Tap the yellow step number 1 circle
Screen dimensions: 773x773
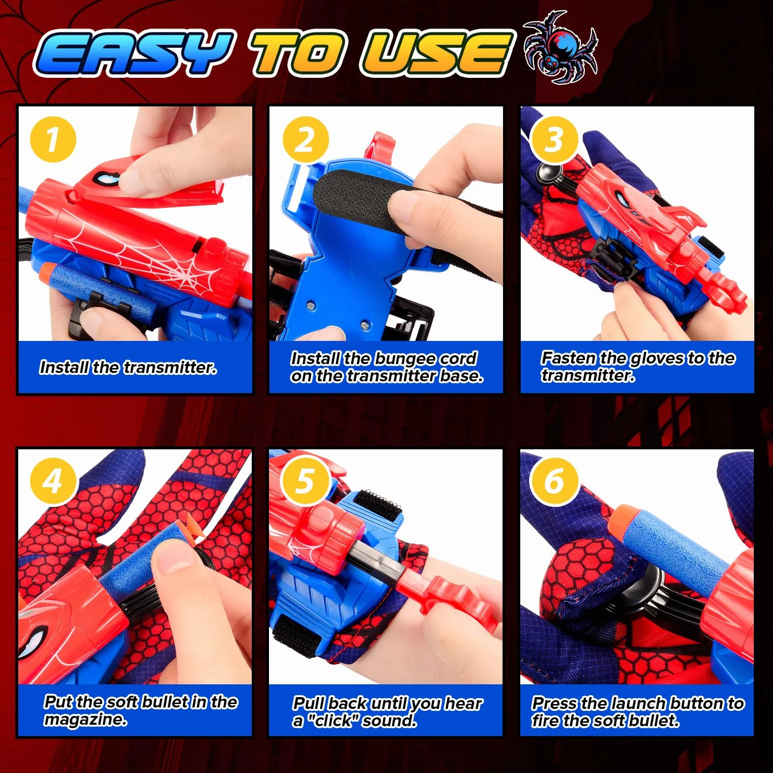tap(53, 139)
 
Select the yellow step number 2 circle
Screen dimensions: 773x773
tap(305, 139)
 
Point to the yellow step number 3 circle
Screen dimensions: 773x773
tap(554, 139)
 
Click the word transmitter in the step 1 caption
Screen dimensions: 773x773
tap(170, 368)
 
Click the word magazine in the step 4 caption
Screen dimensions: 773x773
tap(85, 720)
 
